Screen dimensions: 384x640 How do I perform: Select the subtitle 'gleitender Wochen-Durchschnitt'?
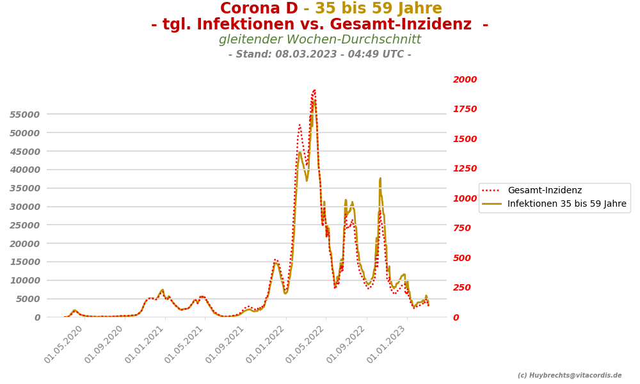tap(320, 40)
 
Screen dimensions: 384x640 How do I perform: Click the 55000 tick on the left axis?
tap(25, 115)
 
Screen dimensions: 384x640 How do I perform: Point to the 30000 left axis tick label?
tap(25, 207)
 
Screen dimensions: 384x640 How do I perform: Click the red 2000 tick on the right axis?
tap(465, 80)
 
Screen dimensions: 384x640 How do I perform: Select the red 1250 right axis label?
tap(465, 169)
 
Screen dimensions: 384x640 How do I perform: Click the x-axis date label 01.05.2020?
tap(64, 344)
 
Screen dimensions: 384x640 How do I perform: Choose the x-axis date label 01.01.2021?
tap(145, 344)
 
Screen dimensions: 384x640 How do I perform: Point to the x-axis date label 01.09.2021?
tap(225, 344)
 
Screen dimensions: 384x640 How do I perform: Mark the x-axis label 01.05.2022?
tap(306, 344)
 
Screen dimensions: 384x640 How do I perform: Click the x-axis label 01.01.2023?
tap(387, 344)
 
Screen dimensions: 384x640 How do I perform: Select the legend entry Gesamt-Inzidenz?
tap(545, 190)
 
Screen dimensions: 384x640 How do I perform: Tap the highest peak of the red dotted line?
tap(314, 90)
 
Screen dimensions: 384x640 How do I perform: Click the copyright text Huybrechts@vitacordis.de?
tap(570, 376)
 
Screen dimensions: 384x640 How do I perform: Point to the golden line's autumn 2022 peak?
tap(380, 179)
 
